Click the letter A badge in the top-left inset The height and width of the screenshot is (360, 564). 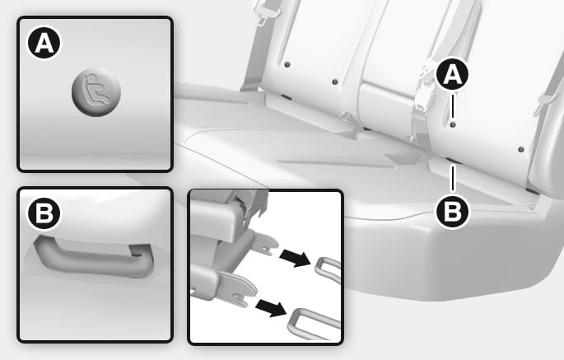pyautogui.click(x=44, y=43)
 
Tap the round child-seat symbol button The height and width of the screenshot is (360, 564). pyautogui.click(x=96, y=91)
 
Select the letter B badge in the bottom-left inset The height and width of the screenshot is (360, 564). pyautogui.click(x=44, y=213)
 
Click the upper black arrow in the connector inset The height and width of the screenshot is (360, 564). pyautogui.click(x=295, y=258)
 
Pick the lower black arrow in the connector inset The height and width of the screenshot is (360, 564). pyautogui.click(x=271, y=309)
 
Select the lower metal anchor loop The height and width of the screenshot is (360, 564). pyautogui.click(x=313, y=324)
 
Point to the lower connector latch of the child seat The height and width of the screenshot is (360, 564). pyautogui.click(x=237, y=289)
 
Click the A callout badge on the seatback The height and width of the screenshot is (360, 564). pyautogui.click(x=452, y=74)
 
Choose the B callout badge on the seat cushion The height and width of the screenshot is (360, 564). pyautogui.click(x=453, y=212)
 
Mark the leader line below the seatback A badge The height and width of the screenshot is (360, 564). pyautogui.click(x=453, y=106)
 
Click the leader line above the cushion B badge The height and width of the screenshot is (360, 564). pyautogui.click(x=453, y=178)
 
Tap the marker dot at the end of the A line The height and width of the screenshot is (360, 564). pyautogui.click(x=453, y=124)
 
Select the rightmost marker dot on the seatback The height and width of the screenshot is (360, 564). pyautogui.click(x=521, y=149)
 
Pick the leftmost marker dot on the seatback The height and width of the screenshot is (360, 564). pyautogui.click(x=287, y=65)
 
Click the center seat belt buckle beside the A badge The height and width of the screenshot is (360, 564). pyautogui.click(x=426, y=88)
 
